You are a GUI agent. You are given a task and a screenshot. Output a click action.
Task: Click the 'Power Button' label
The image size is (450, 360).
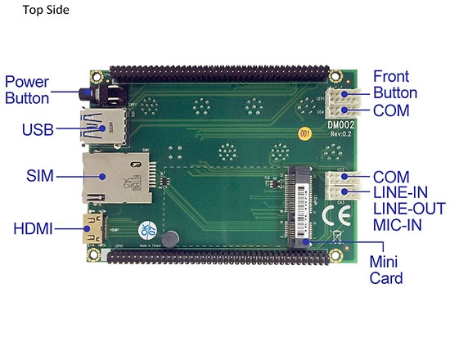point(27,90)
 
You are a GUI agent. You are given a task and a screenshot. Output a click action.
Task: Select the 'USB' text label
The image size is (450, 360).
point(38,129)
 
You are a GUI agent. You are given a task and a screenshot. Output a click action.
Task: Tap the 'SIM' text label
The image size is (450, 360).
point(39,176)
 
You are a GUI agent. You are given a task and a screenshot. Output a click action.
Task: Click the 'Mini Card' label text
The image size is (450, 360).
point(385,270)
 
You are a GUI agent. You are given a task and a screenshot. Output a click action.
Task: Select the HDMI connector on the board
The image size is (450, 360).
point(98,227)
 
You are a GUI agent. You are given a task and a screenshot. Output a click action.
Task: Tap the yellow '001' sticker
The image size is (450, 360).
point(304,132)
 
